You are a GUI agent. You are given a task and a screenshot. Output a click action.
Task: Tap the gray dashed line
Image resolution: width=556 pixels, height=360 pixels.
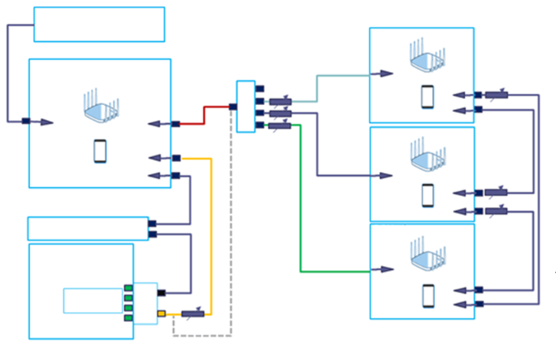point(231,237)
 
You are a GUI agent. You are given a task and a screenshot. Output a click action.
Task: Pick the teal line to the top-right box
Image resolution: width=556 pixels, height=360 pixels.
point(317,87)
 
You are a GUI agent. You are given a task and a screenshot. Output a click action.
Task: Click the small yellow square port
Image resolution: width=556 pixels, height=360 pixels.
point(161,313)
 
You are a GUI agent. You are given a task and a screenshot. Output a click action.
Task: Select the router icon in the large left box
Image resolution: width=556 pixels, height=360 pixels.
point(102,107)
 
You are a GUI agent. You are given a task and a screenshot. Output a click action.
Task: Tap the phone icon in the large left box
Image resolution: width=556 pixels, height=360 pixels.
point(100,151)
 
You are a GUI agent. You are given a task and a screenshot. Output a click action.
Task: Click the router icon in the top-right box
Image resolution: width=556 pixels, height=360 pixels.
point(426,58)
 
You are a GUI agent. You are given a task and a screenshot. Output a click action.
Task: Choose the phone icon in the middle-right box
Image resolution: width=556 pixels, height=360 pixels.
point(428,194)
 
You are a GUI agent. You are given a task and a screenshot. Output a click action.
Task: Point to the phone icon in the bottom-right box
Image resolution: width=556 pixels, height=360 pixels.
point(428,294)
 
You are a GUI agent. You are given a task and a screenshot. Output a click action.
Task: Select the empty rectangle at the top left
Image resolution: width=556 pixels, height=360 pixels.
point(99,24)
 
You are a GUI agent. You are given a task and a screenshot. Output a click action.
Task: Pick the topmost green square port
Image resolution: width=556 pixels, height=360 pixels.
point(128,287)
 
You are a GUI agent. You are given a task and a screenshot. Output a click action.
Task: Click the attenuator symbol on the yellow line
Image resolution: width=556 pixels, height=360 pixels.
point(193,313)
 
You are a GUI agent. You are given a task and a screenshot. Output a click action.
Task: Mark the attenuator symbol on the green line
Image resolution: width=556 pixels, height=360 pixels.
point(280,125)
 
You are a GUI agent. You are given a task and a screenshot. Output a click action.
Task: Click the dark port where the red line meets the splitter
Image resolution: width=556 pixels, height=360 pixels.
point(233,107)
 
